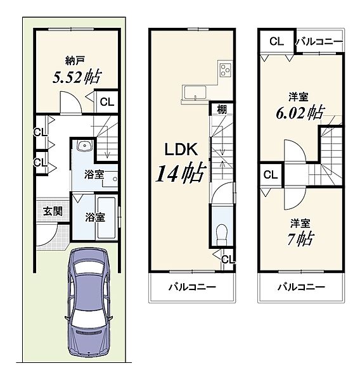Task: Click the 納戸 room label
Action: (x=75, y=61)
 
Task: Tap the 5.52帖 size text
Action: (x=77, y=77)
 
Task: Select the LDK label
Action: (x=181, y=149)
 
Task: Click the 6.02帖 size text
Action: (x=300, y=113)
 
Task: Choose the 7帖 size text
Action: (x=301, y=239)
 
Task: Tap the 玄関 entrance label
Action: (x=53, y=212)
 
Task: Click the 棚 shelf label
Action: (x=221, y=109)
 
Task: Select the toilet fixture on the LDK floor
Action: (x=221, y=233)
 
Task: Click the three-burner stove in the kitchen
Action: (x=226, y=70)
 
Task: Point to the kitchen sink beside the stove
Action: (x=195, y=92)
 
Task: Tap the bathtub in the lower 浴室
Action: (x=106, y=218)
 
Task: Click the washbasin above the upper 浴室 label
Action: (x=85, y=146)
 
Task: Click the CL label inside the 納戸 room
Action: (x=107, y=102)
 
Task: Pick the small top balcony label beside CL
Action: (x=319, y=42)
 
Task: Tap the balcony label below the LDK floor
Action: (x=192, y=287)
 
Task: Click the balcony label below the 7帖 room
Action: (x=301, y=287)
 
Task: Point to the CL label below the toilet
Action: (x=228, y=260)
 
